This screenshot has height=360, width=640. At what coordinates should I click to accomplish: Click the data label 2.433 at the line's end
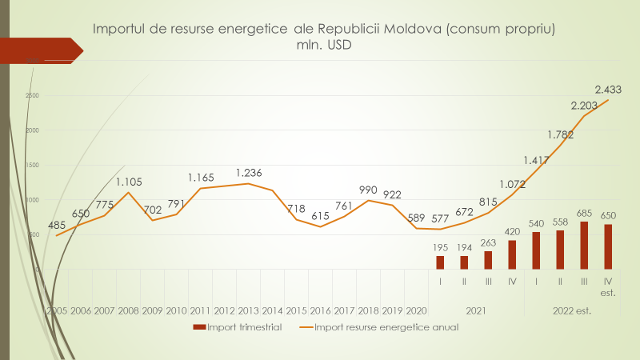(610, 89)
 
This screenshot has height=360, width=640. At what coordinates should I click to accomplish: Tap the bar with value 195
(440, 262)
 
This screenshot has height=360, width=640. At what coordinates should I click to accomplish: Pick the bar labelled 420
(512, 254)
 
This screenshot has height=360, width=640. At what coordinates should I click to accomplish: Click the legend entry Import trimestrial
(237, 327)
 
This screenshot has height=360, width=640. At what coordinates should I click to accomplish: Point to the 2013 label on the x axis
(249, 310)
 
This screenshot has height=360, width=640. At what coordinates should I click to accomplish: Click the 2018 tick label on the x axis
(369, 310)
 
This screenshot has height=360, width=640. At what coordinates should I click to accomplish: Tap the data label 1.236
(249, 173)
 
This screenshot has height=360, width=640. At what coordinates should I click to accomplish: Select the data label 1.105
(129, 182)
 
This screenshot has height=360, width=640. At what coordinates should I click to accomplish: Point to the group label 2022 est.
(571, 310)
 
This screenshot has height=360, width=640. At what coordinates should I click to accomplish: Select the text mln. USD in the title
(324, 46)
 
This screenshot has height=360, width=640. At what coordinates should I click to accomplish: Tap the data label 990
(369, 190)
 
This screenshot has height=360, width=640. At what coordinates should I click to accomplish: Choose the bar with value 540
(536, 250)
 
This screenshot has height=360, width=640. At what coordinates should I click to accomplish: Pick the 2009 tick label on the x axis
(153, 310)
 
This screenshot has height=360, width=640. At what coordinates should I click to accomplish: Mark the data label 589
(416, 218)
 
